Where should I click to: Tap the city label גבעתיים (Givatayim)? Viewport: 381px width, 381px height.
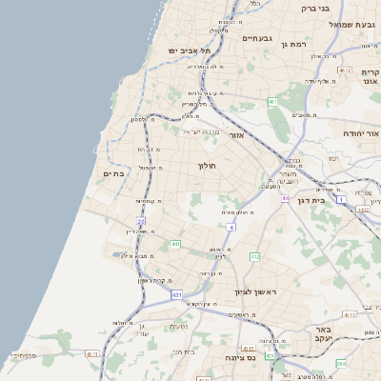[x=257, y=38]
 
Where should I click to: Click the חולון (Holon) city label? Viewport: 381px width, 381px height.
[x=208, y=166]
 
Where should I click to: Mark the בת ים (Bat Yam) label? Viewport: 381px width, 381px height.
[x=113, y=174]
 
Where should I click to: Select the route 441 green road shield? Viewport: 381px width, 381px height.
[x=175, y=245]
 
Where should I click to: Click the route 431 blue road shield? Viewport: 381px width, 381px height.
[x=177, y=295]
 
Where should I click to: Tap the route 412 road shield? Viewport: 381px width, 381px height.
[x=254, y=257]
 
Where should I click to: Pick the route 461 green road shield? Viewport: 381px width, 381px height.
[x=272, y=100]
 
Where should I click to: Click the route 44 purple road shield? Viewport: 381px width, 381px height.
[x=285, y=198]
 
